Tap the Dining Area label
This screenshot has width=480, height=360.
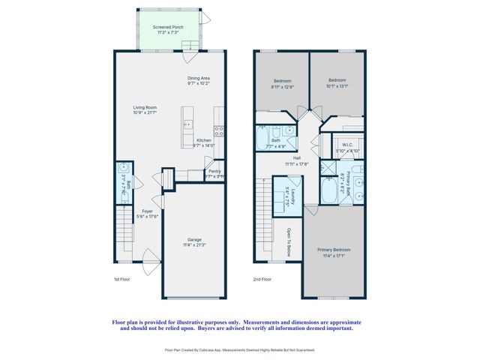click(198, 78)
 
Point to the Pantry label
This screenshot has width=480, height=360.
click(214, 172)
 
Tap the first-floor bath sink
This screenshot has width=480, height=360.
click(122, 167)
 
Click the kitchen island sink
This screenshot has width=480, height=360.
click(187, 124)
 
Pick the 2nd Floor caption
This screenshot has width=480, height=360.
click(262, 279)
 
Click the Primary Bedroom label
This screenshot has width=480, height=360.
click(334, 250)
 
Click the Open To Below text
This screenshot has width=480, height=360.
click(288, 242)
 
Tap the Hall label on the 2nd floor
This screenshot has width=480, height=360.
click(297, 158)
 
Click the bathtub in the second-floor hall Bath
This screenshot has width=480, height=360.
click(264, 139)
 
